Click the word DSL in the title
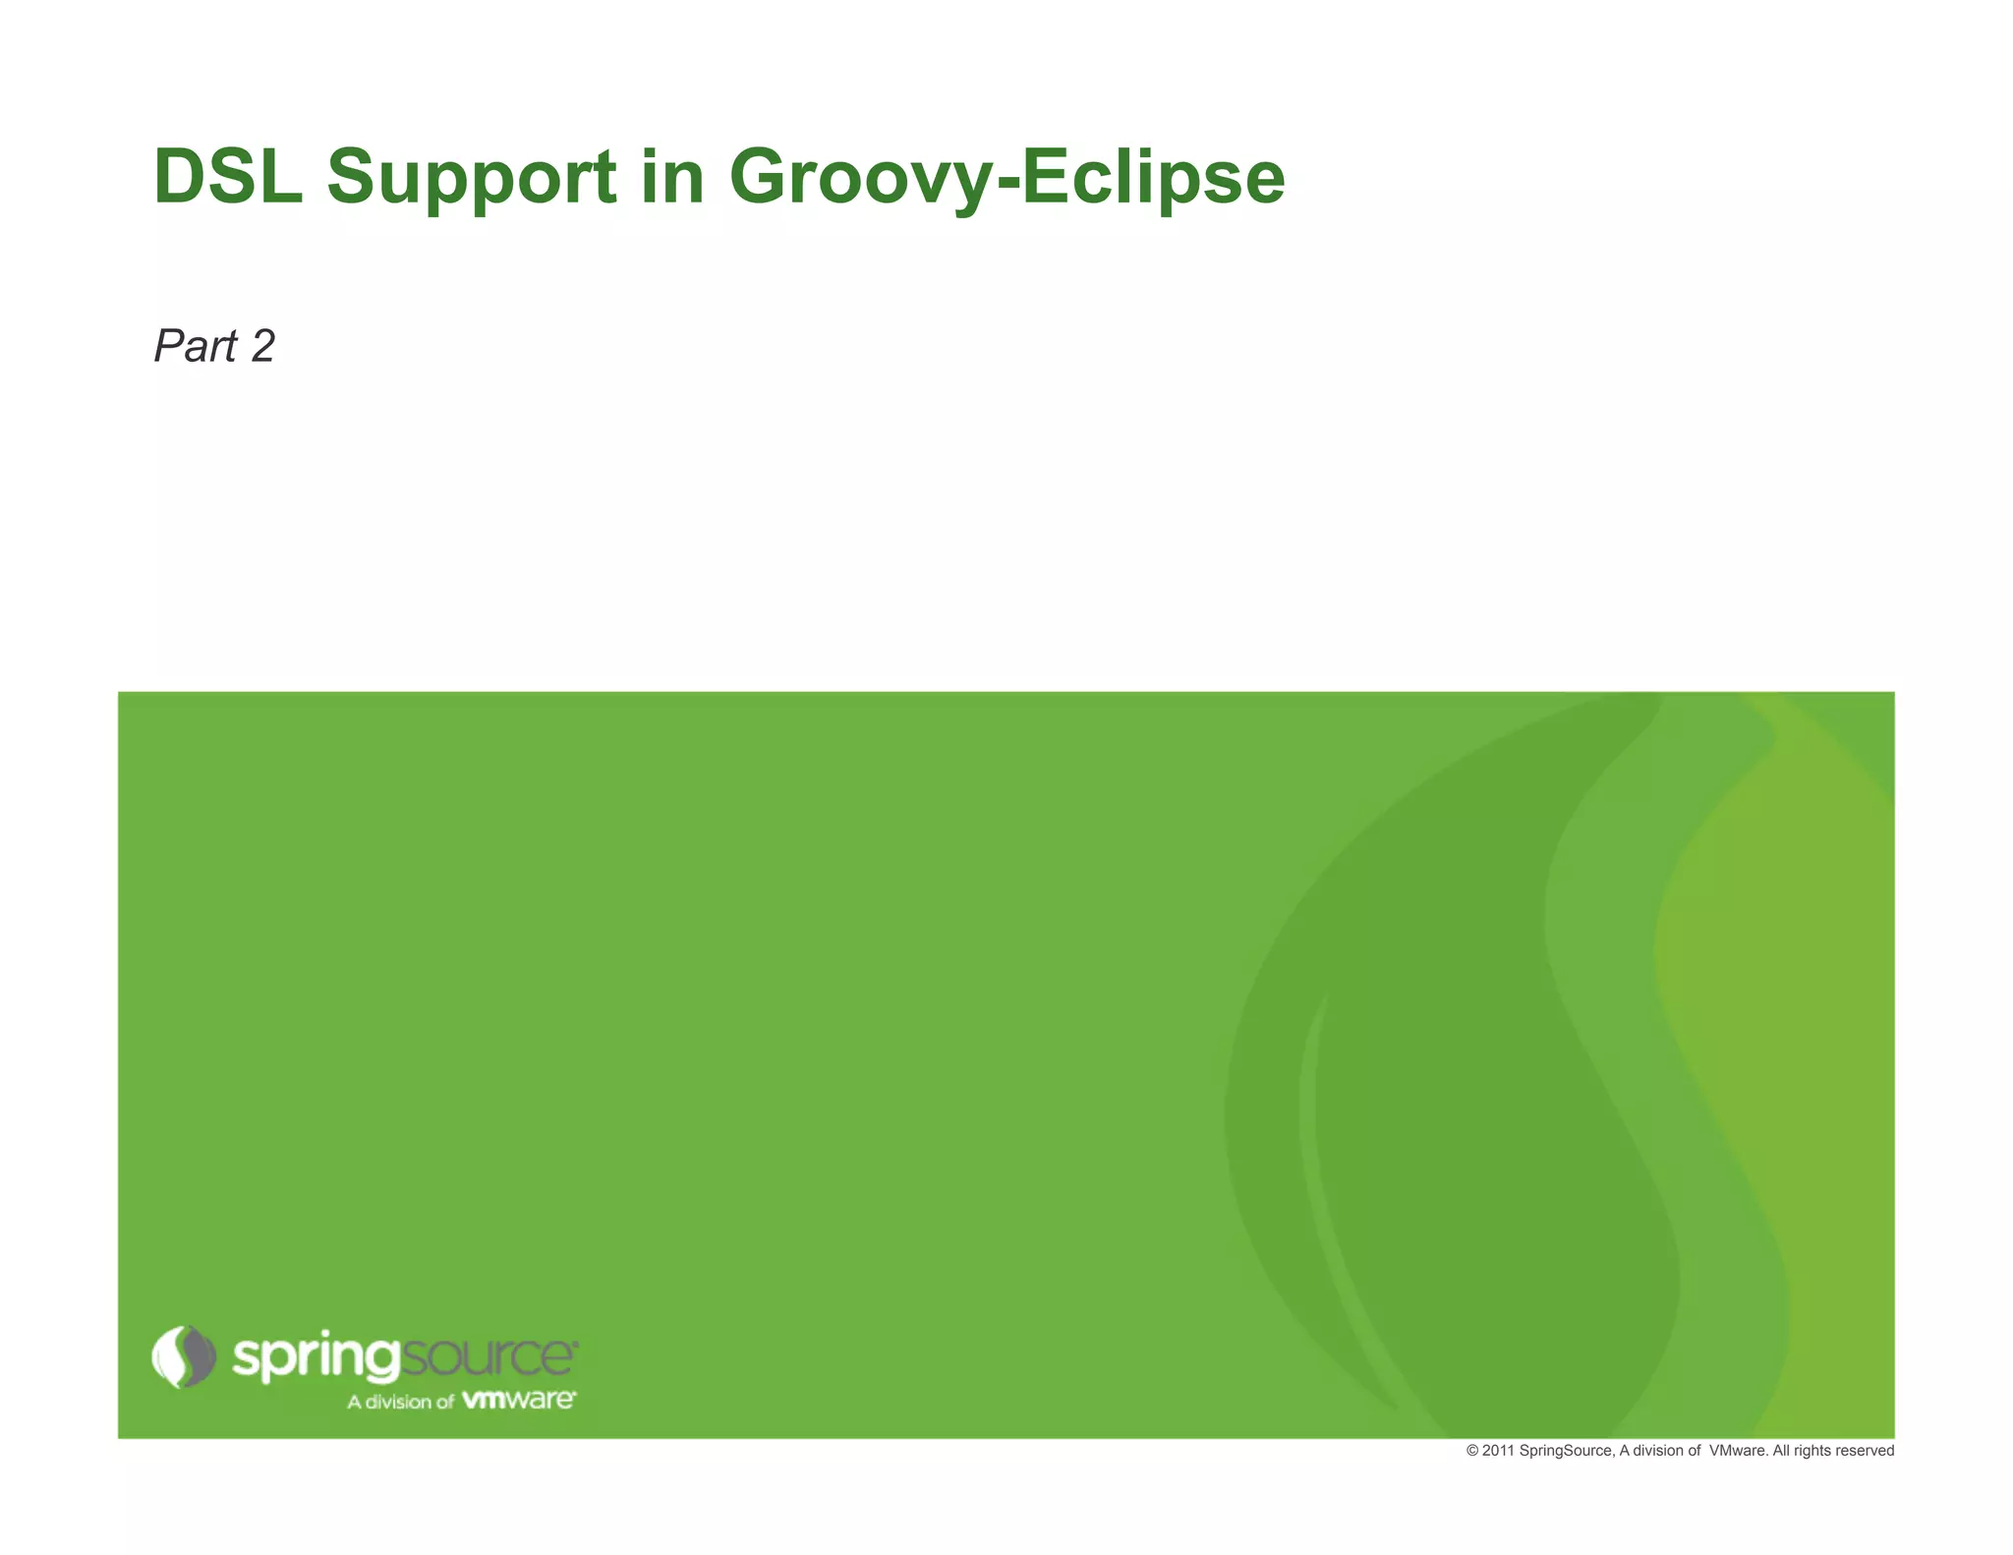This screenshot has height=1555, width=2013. point(228,177)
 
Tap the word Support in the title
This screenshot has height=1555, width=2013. point(471,179)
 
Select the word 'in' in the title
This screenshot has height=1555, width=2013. point(673,177)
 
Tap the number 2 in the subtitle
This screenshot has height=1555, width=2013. point(262,346)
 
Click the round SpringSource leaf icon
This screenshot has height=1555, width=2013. point(184,1356)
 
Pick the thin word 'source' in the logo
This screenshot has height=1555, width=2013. point(489,1356)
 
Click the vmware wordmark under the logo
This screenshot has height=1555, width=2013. point(519,1399)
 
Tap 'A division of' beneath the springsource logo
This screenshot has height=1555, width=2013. point(400,1402)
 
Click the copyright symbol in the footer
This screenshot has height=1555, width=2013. point(1472,1451)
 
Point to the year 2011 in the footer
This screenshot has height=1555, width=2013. point(1498,1451)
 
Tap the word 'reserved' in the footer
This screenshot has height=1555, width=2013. point(1864,1451)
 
